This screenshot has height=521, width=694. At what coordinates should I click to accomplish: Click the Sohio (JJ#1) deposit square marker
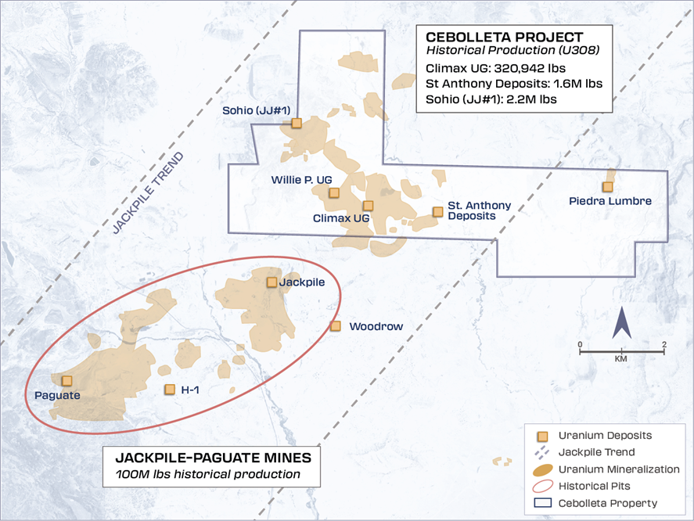coord(297,123)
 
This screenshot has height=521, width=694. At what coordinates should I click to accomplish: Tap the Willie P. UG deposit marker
coord(334,192)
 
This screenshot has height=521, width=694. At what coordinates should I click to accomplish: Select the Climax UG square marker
coord(369,206)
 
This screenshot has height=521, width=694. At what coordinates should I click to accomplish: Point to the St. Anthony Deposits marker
coord(438,211)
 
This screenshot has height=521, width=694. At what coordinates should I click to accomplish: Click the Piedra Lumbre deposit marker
coord(607,186)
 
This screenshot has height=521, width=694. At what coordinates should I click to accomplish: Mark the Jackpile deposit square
coord(271,282)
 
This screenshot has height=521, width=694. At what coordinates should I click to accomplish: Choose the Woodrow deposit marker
coord(336,325)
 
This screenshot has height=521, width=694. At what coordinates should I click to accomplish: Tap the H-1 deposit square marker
coord(169,389)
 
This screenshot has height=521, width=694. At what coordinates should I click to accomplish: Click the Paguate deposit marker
coord(67,380)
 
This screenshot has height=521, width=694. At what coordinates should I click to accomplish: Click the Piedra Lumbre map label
coord(610,201)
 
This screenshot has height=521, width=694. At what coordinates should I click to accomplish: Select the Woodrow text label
coord(376,326)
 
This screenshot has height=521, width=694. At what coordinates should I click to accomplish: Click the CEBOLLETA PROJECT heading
coord(504,37)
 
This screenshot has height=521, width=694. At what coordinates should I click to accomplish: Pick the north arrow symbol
coord(622,323)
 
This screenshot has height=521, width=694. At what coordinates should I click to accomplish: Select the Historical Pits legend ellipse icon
coord(540,487)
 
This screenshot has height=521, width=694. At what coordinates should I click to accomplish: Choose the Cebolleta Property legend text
coord(608,503)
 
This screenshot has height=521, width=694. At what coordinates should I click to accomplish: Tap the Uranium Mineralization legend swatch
coord(540,469)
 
